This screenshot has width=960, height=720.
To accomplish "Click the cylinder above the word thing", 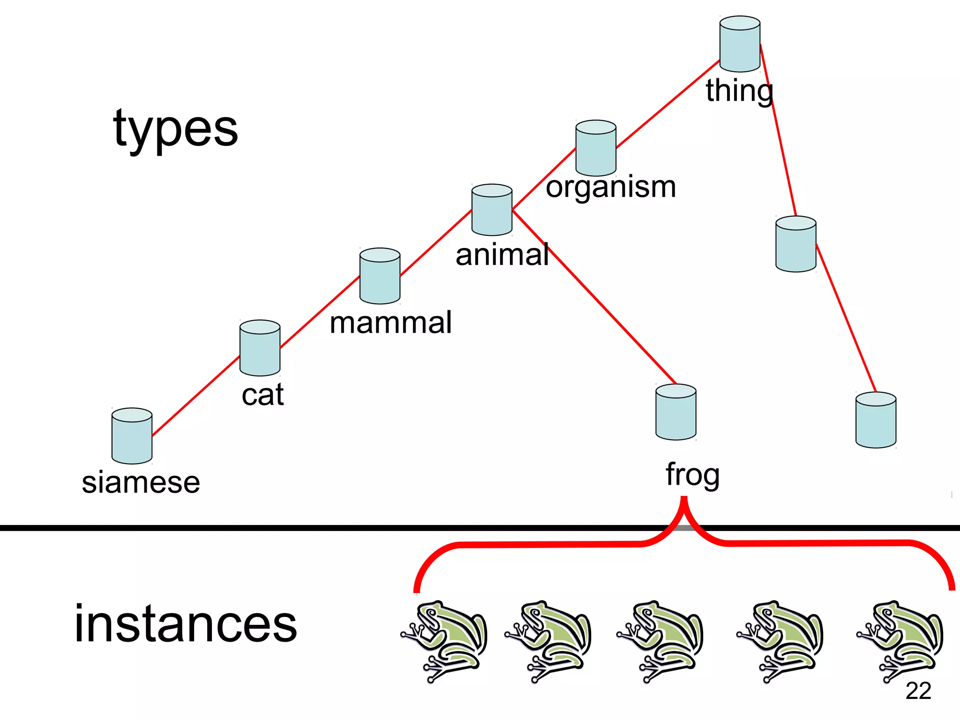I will click(740, 44).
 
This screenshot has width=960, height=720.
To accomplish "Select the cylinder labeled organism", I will click(596, 148).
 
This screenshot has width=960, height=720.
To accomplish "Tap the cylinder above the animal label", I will click(492, 210).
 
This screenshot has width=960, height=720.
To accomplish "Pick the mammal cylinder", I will click(380, 276).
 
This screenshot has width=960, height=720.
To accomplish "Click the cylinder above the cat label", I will click(260, 348).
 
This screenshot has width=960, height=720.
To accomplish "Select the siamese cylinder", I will click(132, 436).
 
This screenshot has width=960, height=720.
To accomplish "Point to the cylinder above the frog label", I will click(675, 412).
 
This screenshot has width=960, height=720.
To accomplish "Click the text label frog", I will click(692, 475).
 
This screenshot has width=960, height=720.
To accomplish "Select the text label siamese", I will click(141, 482).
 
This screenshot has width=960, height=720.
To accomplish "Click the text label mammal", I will click(390, 322).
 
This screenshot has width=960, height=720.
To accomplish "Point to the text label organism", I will click(611, 187).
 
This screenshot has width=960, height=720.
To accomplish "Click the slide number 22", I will click(918, 690).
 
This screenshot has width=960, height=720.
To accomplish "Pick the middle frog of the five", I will click(660, 640).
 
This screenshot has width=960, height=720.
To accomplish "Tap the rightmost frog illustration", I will click(900, 640).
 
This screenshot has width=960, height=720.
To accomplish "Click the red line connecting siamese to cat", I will click(196, 397).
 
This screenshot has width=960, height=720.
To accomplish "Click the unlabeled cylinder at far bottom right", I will click(876, 420).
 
